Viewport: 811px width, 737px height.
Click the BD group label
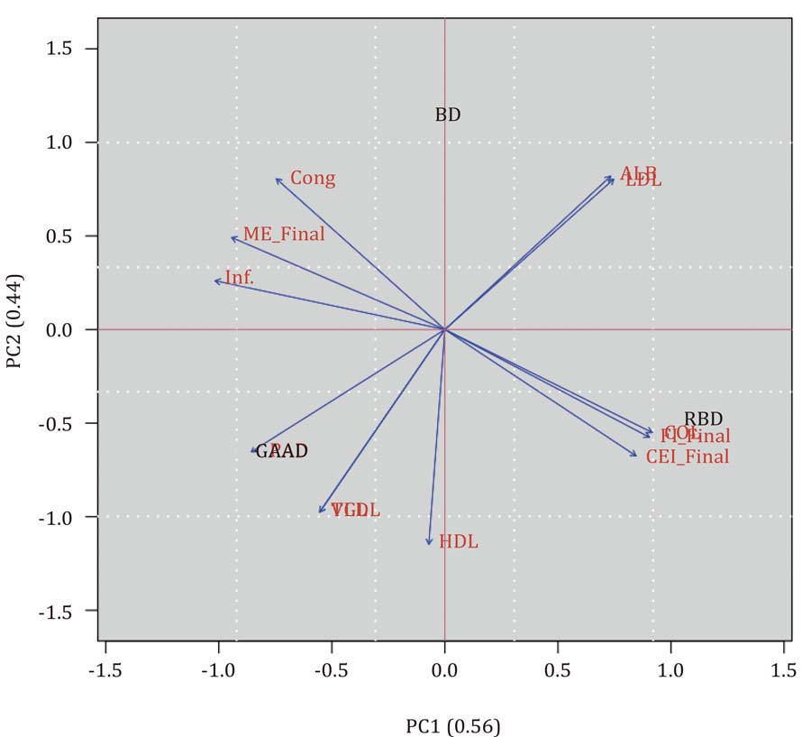click(x=448, y=115)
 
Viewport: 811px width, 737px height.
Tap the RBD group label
click(x=703, y=419)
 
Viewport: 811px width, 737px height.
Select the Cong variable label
click(x=313, y=179)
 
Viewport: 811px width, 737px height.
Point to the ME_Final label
click(x=284, y=235)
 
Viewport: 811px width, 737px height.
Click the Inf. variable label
click(x=240, y=278)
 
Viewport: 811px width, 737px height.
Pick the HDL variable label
click(x=458, y=542)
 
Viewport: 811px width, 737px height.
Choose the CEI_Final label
click(x=688, y=457)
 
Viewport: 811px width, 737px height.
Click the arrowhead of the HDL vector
click(x=429, y=544)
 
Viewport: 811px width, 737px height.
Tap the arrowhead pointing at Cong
click(x=277, y=179)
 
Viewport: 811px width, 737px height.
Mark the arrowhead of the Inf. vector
click(x=215, y=281)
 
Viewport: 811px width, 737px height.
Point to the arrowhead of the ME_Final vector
click(x=232, y=238)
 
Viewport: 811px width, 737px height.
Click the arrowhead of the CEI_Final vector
click(x=636, y=456)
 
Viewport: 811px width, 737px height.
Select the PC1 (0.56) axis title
click(x=452, y=726)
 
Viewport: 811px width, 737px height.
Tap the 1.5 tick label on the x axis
click(x=783, y=671)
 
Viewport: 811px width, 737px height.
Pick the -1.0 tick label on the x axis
click(x=218, y=671)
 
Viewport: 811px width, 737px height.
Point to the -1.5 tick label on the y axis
click(x=63, y=611)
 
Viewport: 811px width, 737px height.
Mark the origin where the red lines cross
click(x=445, y=330)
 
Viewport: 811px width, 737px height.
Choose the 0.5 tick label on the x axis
click(x=558, y=671)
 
